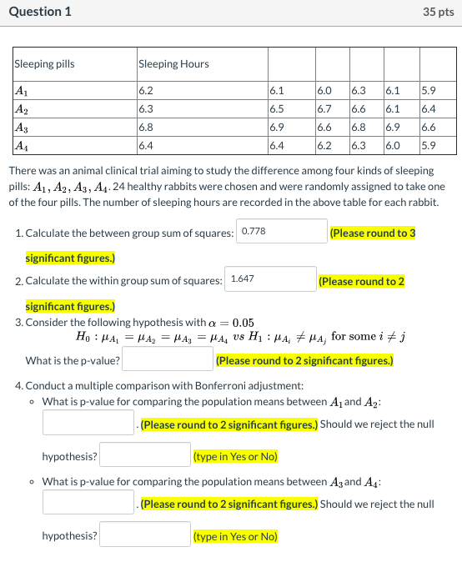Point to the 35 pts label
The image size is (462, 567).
click(x=439, y=12)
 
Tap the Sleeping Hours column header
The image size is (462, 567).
click(x=173, y=64)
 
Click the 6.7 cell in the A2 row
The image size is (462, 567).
click(x=324, y=108)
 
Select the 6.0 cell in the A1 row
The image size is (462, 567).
click(x=324, y=90)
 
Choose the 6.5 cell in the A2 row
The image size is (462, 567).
click(x=278, y=108)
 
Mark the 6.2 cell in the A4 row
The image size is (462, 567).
click(x=324, y=146)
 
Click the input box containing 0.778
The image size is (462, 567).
click(x=282, y=231)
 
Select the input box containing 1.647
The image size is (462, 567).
click(x=270, y=279)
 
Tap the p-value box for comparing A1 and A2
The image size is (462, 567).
click(x=88, y=423)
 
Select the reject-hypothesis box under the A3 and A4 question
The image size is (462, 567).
click(x=146, y=534)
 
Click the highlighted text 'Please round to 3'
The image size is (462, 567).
click(x=373, y=233)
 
